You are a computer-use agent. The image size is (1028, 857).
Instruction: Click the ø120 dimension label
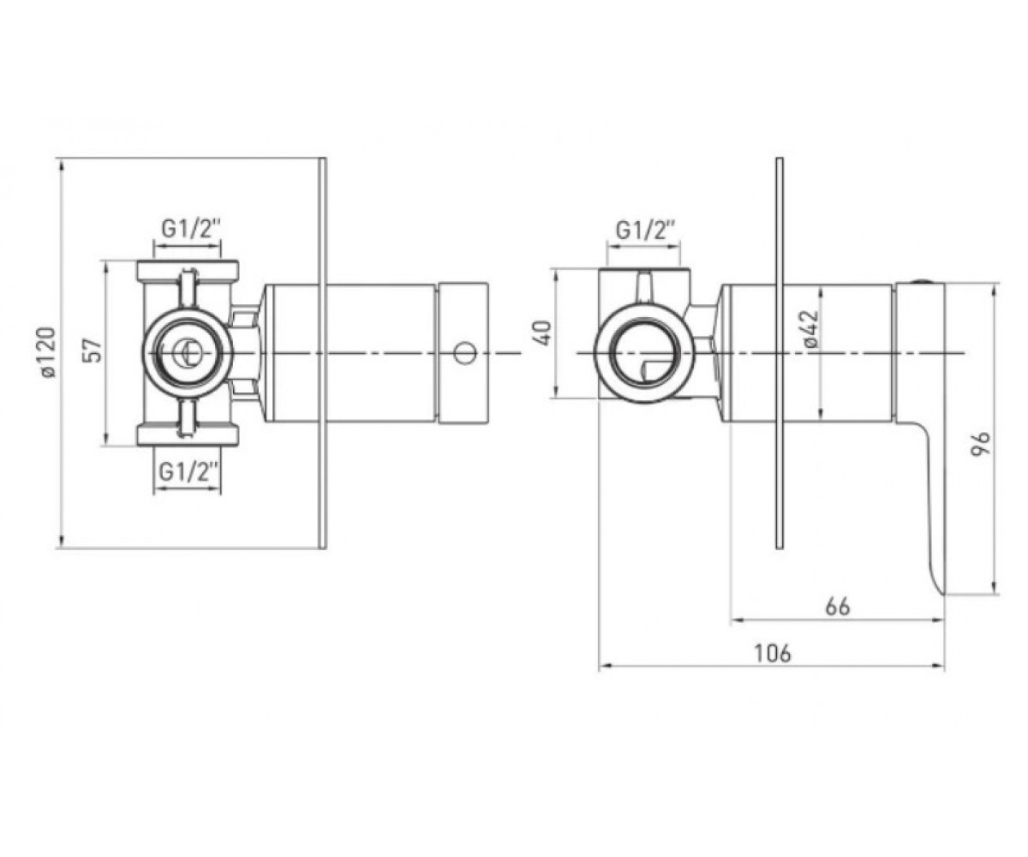coord(49,352)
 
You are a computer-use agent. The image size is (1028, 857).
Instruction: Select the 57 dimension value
coord(94,351)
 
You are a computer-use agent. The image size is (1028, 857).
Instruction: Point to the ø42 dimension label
coord(812,329)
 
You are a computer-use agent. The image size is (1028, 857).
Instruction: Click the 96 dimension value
coord(981,444)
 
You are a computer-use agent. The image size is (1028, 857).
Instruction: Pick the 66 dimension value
coord(838,607)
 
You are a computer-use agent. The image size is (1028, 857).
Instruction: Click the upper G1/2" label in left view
coord(188,229)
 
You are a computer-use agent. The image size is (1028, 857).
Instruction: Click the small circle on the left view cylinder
coord(464,354)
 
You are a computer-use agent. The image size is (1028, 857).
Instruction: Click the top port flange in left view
coord(188,271)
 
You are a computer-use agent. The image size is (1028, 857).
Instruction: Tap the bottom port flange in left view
coord(188,435)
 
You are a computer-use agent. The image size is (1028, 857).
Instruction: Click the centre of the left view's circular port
coord(188,352)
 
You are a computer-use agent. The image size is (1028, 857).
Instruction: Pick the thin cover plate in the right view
coord(780,353)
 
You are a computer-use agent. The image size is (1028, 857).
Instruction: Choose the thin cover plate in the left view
coord(323,353)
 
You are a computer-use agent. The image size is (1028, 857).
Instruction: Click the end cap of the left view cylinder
coord(463,352)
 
